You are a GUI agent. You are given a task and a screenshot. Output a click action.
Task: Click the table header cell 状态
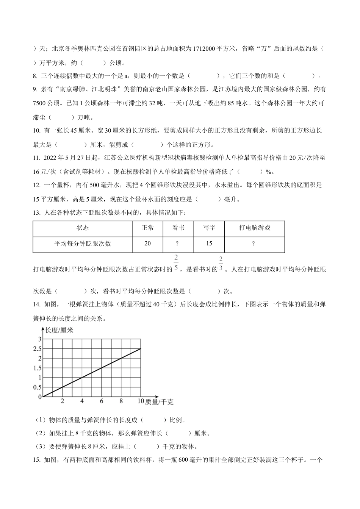[83, 228]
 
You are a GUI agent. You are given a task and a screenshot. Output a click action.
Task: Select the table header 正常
[148, 228]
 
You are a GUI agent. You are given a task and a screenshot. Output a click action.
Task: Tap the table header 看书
[178, 228]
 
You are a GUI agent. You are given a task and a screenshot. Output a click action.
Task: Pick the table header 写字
[209, 228]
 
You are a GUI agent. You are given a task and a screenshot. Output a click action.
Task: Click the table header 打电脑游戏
[254, 228]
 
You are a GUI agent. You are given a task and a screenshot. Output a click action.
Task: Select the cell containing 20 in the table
[148, 244]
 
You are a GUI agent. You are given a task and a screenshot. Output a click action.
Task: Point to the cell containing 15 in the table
[209, 244]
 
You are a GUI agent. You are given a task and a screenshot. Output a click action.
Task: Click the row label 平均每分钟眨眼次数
[83, 244]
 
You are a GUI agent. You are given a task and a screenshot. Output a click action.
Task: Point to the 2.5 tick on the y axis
[37, 348]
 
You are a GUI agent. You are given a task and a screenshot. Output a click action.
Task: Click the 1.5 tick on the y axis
[37, 368]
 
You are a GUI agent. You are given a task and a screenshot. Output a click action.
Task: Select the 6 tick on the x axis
[102, 401]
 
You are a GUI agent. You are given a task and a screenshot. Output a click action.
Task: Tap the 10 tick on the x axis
[140, 401]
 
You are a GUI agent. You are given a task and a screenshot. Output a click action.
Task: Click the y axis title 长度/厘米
[59, 330]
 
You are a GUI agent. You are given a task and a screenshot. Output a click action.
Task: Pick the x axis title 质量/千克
[159, 402]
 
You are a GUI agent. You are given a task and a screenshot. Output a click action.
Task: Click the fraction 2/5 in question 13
[176, 264]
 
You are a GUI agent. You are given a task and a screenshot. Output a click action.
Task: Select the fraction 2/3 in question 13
[221, 264]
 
